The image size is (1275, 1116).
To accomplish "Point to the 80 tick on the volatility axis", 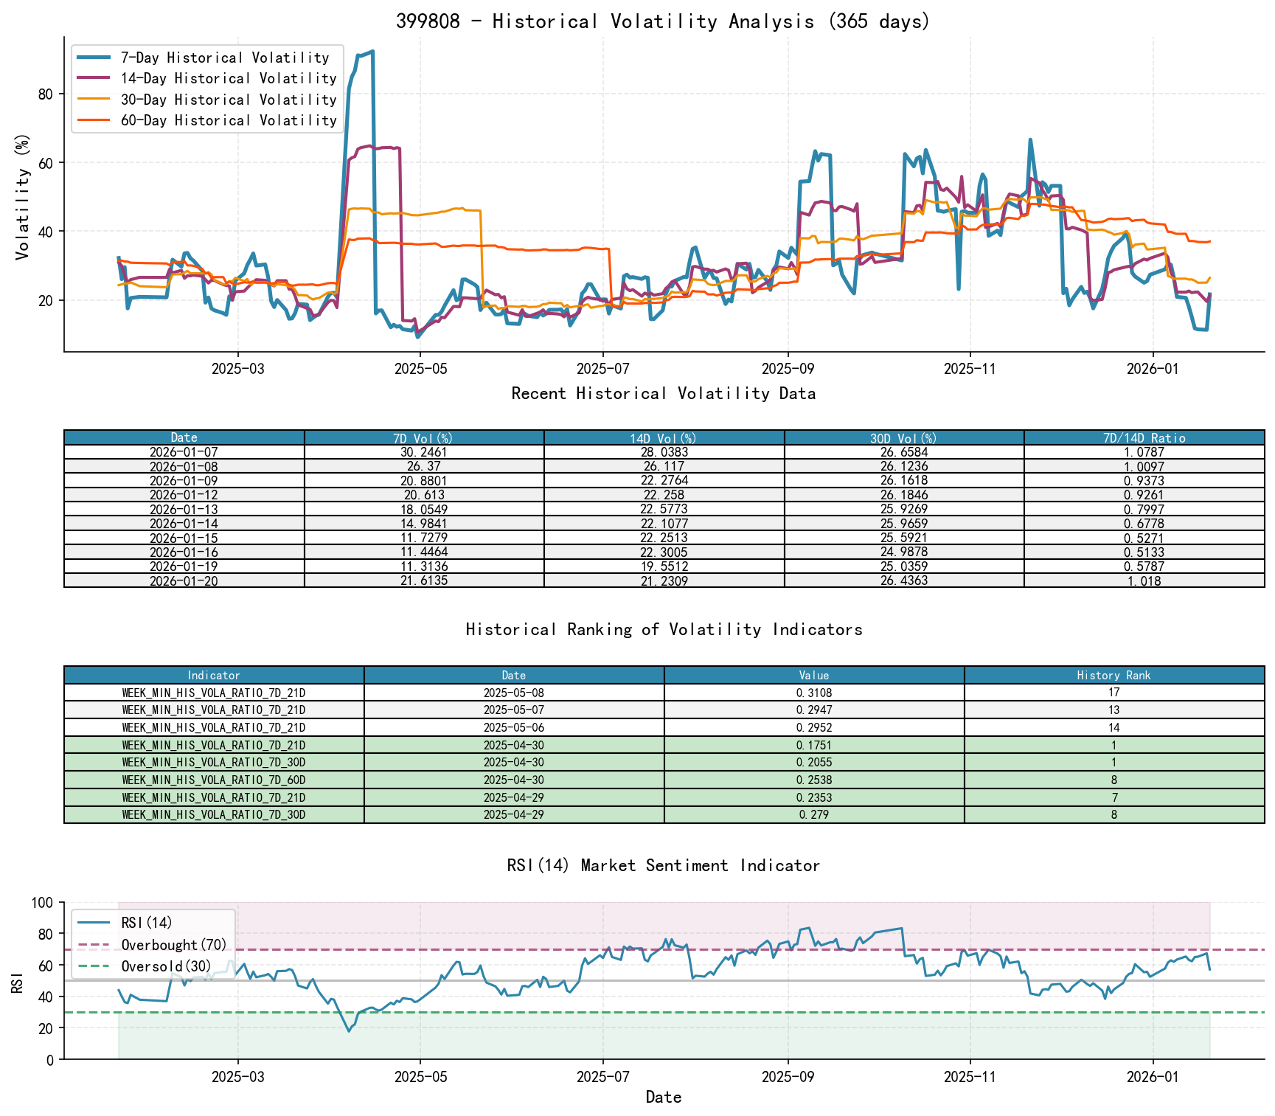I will tap(46, 94).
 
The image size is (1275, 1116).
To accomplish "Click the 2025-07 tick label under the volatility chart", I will tap(602, 369).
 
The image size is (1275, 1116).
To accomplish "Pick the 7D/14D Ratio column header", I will tap(1144, 438).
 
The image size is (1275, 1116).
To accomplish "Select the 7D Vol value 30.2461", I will tap(424, 452).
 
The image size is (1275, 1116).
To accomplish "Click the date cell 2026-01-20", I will tap(184, 580).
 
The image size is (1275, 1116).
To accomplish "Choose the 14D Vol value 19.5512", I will tap(664, 566).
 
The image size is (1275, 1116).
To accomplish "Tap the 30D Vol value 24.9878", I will tap(904, 552).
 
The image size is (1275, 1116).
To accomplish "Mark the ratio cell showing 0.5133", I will tap(1144, 552).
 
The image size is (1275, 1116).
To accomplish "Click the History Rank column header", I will tap(1114, 675).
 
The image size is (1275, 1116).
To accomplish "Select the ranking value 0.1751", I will tap(814, 745).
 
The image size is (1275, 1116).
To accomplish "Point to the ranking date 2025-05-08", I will tap(514, 693).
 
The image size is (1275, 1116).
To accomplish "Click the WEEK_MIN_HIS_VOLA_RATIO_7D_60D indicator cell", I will tap(214, 780).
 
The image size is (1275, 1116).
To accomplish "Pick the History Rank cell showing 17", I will tap(1114, 693).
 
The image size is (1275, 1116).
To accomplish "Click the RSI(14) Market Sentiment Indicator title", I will tap(663, 865).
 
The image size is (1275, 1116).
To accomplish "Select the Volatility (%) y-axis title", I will tap(22, 196).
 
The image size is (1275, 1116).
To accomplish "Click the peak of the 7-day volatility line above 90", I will tap(372, 51).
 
